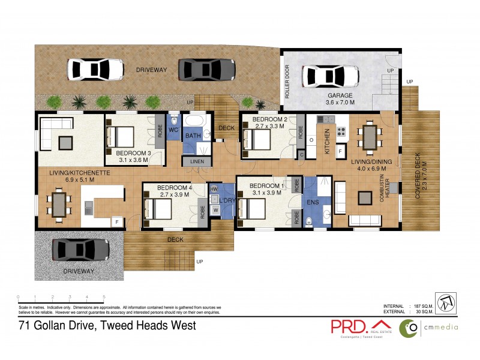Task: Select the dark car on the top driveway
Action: pos(207,69)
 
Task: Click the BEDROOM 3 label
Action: pos(133,153)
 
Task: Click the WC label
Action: pos(173,130)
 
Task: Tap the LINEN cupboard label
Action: pos(197,162)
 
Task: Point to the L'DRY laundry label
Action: pos(226,199)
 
